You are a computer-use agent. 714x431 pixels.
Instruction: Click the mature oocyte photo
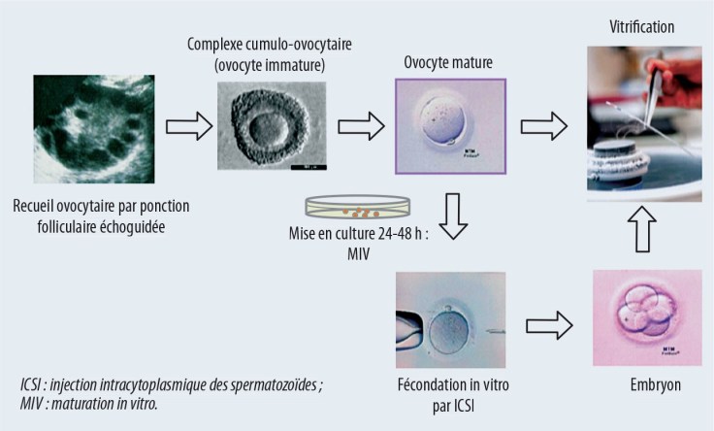click(444, 127)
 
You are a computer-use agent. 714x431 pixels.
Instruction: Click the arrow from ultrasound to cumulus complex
click(187, 128)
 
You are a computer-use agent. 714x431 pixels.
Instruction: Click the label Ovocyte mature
click(448, 63)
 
